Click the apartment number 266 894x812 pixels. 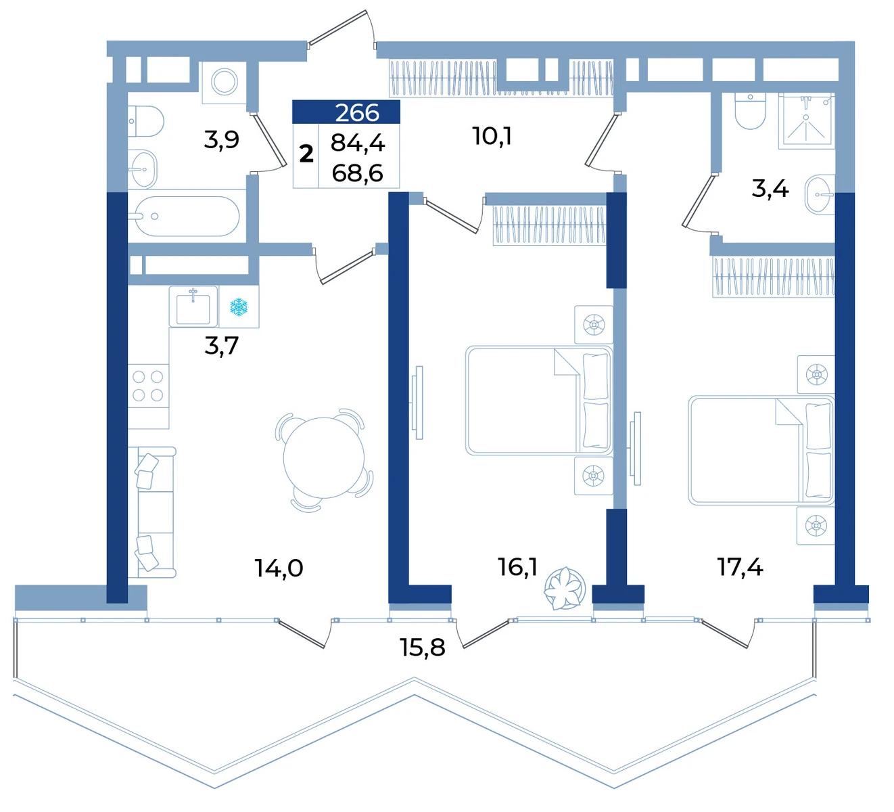click(x=357, y=112)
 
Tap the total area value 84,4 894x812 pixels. click(x=358, y=143)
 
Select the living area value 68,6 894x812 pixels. click(x=358, y=173)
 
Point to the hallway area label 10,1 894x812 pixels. click(x=492, y=136)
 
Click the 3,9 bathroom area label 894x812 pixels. click(x=222, y=139)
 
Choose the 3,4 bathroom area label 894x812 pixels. click(x=770, y=188)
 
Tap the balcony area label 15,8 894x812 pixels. click(x=423, y=648)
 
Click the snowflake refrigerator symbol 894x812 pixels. click(x=239, y=307)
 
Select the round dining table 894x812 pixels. click(x=324, y=457)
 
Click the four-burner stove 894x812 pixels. click(x=148, y=386)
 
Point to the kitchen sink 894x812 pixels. click(x=193, y=307)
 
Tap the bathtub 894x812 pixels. click(x=187, y=217)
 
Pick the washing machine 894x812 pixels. click(x=224, y=82)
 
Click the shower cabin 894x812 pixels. click(x=807, y=120)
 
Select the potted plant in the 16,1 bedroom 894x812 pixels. click(x=565, y=589)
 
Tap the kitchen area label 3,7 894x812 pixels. click(x=222, y=346)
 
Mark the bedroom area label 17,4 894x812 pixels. click(x=740, y=568)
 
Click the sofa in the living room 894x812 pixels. click(x=152, y=512)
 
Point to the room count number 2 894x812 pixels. click(x=306, y=154)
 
